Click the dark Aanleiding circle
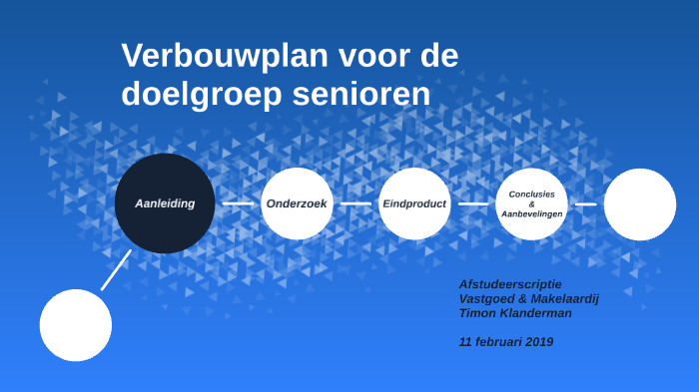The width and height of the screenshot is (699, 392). (165, 203)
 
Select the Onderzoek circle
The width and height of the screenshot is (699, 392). (297, 203)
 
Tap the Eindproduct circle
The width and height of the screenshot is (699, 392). (414, 203)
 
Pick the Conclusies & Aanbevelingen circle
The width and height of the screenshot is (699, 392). (532, 203)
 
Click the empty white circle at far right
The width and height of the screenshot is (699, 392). (640, 204)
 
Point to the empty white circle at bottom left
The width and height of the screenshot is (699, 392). (76, 325)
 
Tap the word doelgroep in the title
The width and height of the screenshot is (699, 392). (202, 94)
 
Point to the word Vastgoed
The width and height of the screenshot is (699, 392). (490, 298)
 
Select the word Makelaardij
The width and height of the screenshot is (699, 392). (565, 298)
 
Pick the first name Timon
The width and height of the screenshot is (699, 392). (477, 312)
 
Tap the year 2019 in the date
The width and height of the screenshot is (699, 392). (536, 342)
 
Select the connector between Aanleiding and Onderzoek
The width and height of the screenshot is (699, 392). (238, 203)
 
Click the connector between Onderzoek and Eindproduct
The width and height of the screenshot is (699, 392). (355, 203)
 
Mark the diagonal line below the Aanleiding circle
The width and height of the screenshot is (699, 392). (116, 269)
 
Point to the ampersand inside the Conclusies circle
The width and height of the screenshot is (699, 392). (532, 203)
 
